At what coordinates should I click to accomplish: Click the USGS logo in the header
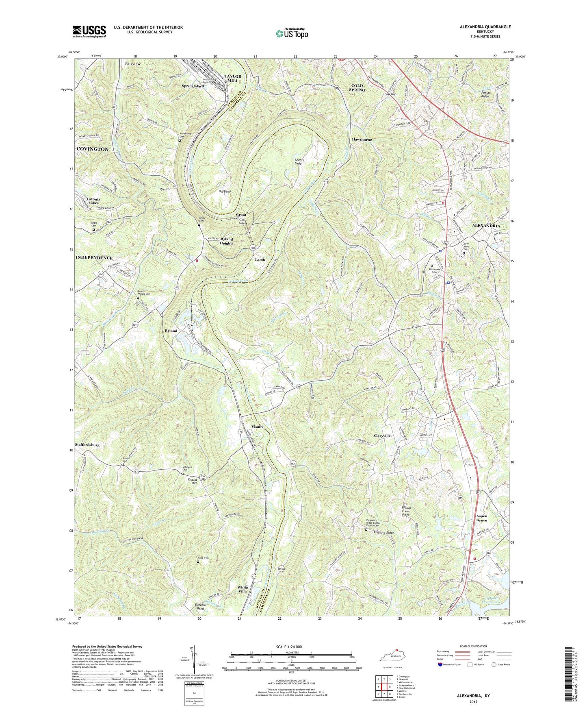click(x=89, y=31)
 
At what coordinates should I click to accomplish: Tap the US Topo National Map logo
click(x=291, y=33)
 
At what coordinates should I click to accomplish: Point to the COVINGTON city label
click(x=93, y=149)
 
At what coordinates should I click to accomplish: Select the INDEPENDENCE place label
click(x=94, y=258)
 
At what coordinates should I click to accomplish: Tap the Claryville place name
click(x=382, y=436)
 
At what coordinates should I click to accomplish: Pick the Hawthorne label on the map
click(x=362, y=139)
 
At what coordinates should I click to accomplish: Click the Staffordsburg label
click(x=87, y=445)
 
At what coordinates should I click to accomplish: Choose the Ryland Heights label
click(x=227, y=241)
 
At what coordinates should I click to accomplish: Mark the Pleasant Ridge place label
click(x=384, y=533)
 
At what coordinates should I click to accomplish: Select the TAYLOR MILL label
click(x=233, y=78)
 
